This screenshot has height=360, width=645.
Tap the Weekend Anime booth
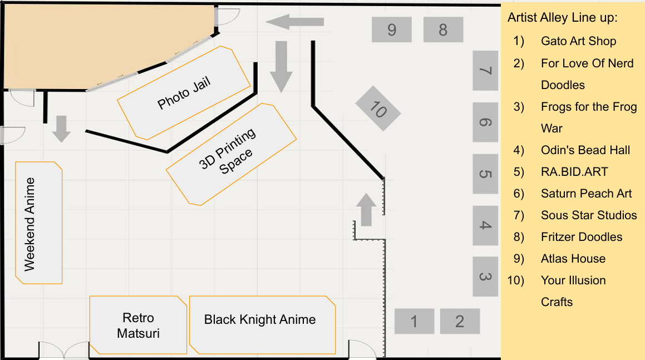click(38, 223)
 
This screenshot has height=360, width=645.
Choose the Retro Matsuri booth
click(139, 326)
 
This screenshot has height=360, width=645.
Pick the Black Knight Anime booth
click(262, 326)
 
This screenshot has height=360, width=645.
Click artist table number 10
click(378, 109)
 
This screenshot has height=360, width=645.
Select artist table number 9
click(392, 29)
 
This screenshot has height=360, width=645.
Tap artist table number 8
click(443, 29)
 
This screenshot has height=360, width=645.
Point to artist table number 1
click(414, 321)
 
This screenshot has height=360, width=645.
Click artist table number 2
click(460, 321)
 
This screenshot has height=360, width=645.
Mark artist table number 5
click(485, 174)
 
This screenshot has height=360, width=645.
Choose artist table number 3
click(485, 277)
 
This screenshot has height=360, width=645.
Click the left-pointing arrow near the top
click(294, 22)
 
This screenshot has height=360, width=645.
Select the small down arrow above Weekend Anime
click(61, 129)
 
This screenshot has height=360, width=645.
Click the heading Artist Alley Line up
click(562, 18)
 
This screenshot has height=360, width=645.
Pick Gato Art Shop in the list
click(578, 41)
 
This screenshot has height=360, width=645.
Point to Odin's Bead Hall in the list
click(585, 150)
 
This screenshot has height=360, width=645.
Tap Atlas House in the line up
click(573, 259)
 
